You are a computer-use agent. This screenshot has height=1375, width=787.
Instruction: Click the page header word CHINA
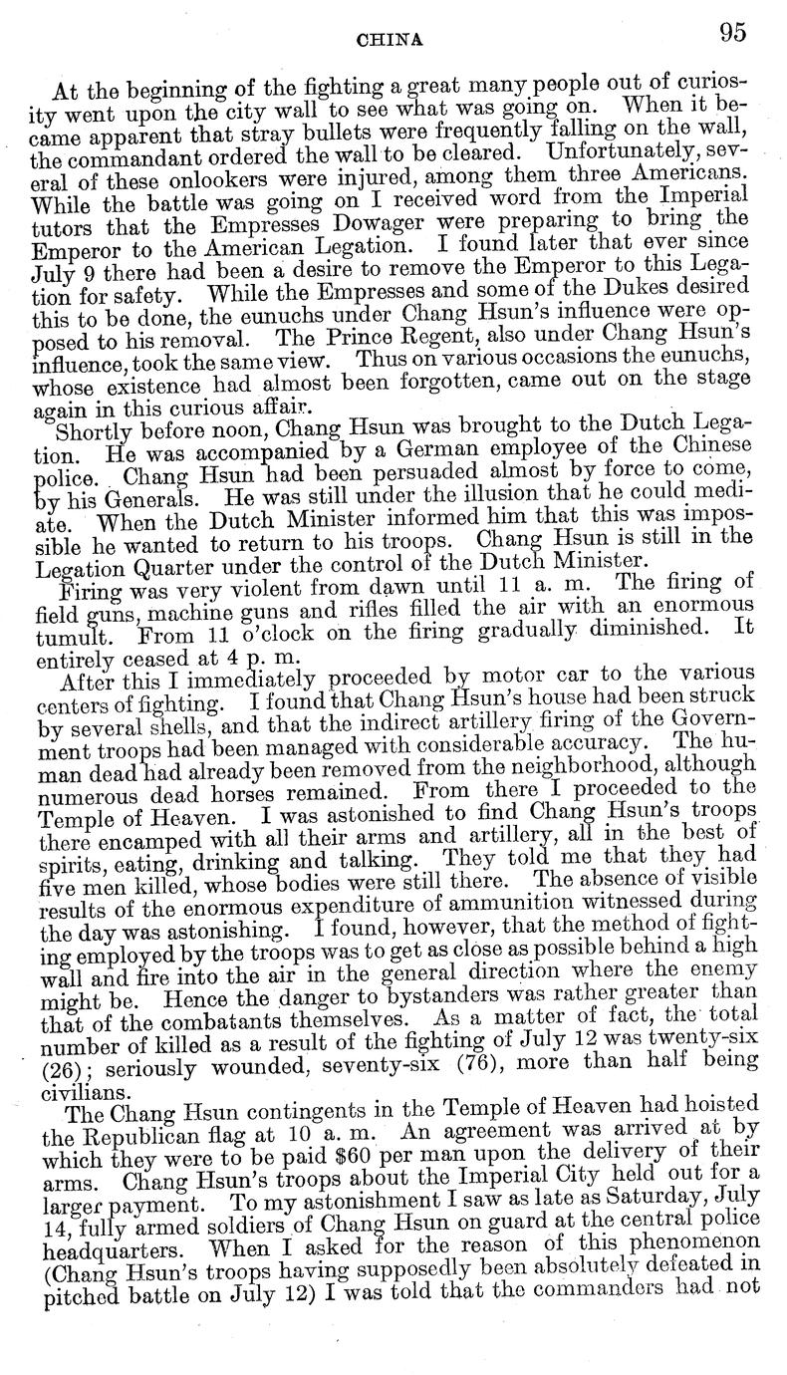(x=396, y=40)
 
